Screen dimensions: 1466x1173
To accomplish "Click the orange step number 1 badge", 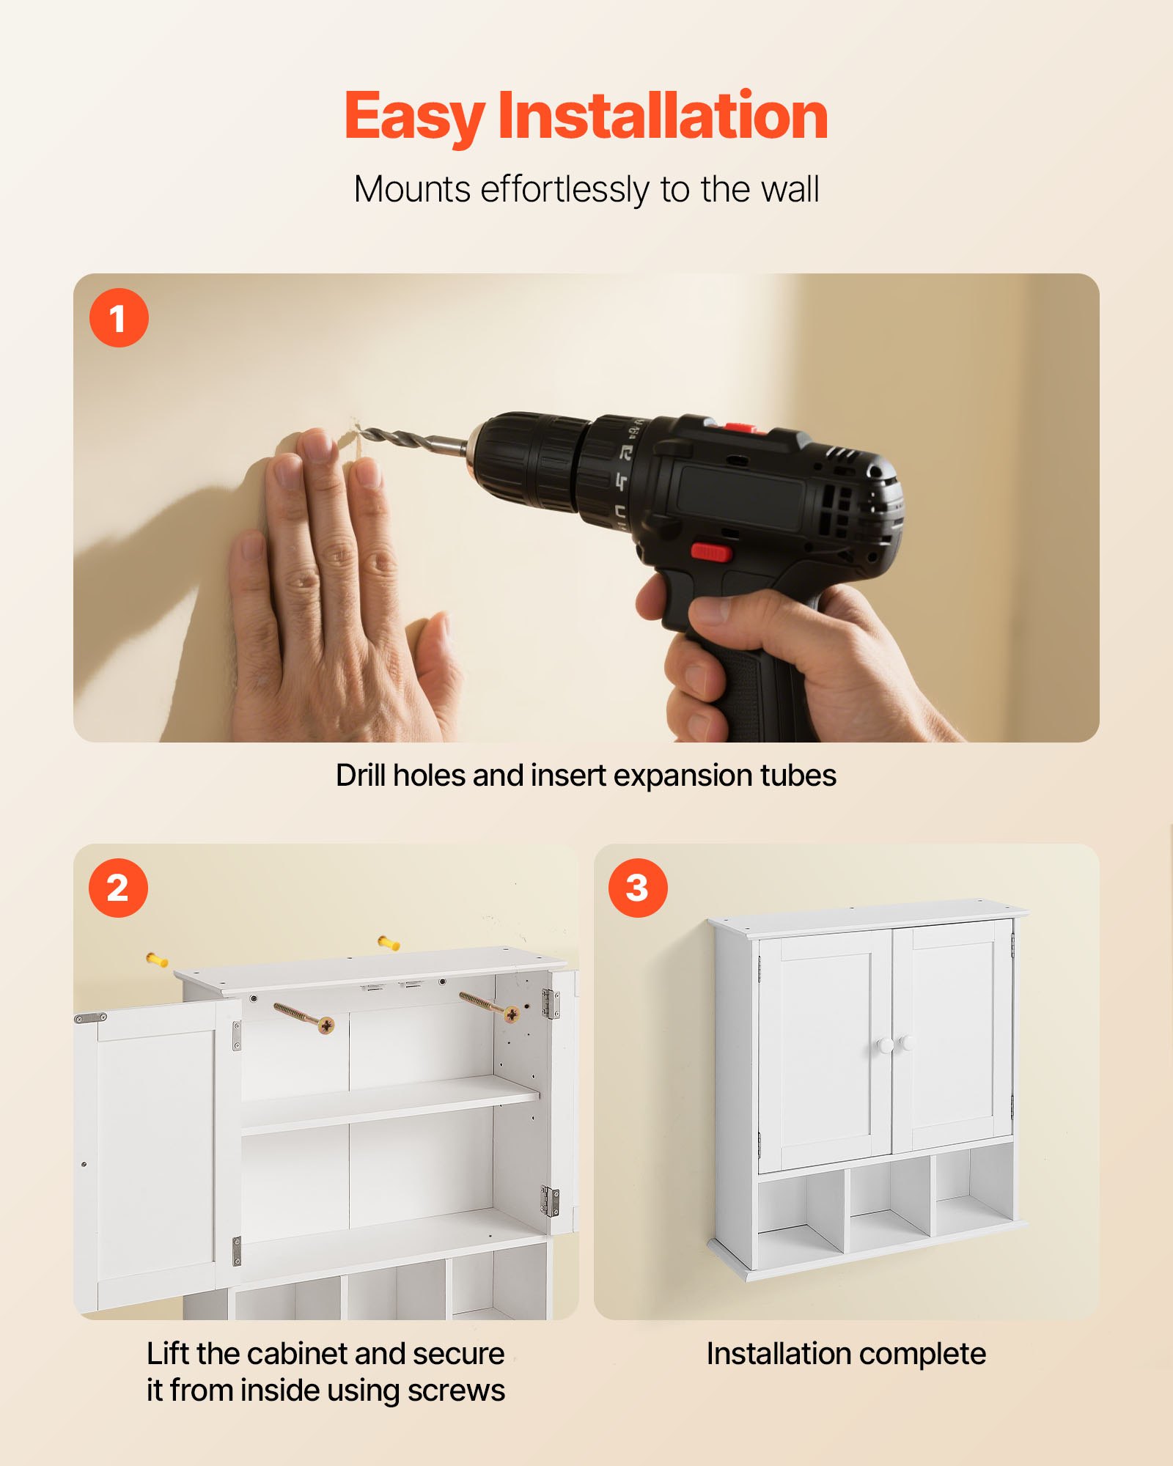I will (x=119, y=317).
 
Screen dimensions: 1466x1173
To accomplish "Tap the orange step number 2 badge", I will (x=118, y=888).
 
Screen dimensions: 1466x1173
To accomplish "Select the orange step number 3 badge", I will (x=638, y=888).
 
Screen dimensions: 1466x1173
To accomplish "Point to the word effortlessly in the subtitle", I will (x=564, y=189).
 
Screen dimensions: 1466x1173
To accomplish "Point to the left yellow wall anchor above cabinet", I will (x=157, y=959).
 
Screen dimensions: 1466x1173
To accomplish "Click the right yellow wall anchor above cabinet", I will (x=388, y=943).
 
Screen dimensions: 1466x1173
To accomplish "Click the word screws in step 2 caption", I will (x=456, y=1391).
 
